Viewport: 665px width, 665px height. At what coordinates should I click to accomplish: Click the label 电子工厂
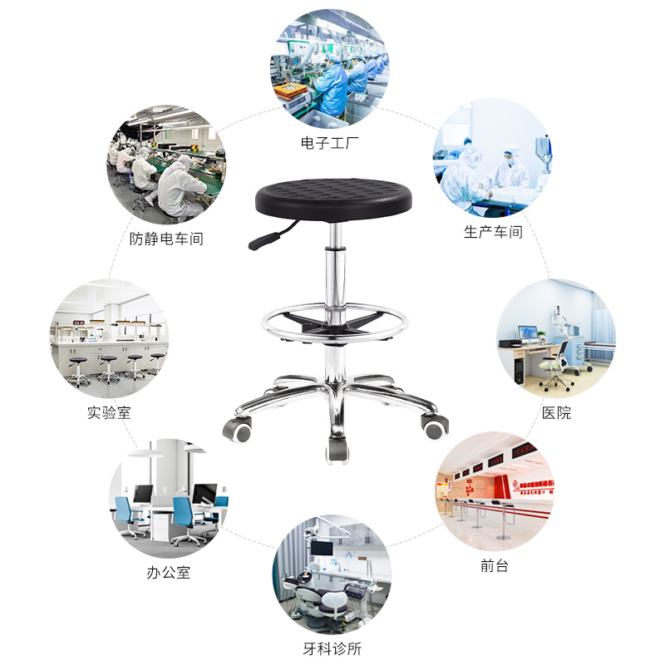[x=329, y=143]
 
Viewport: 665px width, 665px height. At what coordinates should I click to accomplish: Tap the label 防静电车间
[x=166, y=239]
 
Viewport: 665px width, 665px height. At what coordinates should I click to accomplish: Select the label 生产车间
[x=493, y=232]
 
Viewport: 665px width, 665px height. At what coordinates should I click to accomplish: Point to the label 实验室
[x=109, y=412]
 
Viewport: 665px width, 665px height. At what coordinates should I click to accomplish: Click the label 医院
[x=556, y=412]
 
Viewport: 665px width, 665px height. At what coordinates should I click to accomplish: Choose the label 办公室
[x=169, y=573]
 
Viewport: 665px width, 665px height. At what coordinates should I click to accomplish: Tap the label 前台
[x=494, y=565]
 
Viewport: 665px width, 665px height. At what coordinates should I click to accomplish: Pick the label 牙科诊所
[x=332, y=648]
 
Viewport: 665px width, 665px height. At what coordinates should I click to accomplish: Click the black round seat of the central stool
[x=333, y=199]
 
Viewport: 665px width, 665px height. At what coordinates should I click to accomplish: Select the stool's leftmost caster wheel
[x=238, y=429]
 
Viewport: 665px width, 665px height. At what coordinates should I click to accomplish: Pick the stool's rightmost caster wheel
[x=434, y=427]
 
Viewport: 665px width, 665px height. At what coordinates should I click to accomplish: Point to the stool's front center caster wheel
[x=337, y=451]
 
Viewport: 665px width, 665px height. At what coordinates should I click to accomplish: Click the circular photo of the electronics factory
[x=329, y=69]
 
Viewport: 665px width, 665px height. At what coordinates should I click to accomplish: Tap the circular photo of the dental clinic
[x=332, y=574]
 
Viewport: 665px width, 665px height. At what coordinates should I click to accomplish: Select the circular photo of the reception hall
[x=495, y=491]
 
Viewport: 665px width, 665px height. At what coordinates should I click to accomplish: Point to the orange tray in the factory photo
[x=290, y=90]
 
